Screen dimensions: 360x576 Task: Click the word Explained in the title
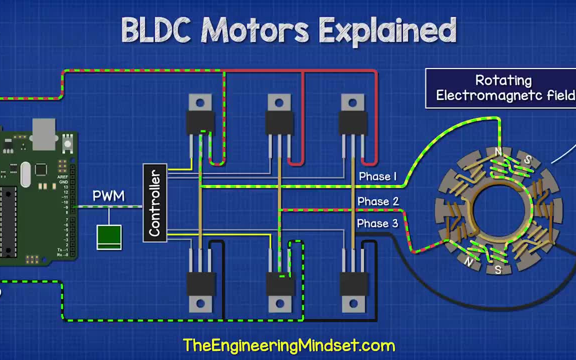tap(387, 31)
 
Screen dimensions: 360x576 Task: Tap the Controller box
tap(155, 203)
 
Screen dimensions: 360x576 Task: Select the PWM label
tap(108, 196)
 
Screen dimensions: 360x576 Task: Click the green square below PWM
tap(109, 237)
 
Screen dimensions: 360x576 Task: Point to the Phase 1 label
tap(377, 176)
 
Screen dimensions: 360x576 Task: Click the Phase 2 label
tap(378, 201)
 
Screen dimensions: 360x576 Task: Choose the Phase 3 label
tap(377, 223)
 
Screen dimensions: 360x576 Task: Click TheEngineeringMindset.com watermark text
tap(289, 345)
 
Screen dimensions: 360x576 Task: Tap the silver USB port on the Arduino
tap(44, 133)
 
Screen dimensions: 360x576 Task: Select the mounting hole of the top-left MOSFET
tap(200, 103)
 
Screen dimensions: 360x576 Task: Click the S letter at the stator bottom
tap(498, 269)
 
